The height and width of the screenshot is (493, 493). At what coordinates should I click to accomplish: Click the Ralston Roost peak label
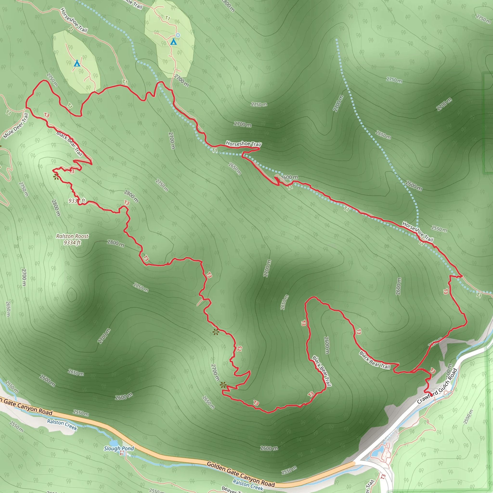[72, 236]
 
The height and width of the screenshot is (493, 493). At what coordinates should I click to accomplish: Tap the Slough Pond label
[119, 448]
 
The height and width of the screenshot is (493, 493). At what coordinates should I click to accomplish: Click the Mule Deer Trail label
[16, 126]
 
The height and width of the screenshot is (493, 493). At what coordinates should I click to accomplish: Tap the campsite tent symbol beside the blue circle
[174, 42]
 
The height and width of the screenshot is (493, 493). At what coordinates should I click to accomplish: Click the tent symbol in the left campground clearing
[77, 63]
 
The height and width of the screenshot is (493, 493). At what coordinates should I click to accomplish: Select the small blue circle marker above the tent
[178, 35]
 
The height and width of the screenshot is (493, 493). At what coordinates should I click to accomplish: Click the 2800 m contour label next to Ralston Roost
[116, 243]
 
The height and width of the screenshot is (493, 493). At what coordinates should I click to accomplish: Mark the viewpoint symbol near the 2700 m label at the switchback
[223, 385]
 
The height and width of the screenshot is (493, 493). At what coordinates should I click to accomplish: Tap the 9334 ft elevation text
[72, 242]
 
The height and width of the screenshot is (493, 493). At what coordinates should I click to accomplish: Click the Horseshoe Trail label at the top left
[74, 20]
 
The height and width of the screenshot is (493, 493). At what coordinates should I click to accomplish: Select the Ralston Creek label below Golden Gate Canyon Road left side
[62, 425]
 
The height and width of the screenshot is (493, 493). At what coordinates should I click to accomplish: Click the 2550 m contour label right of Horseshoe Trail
[439, 229]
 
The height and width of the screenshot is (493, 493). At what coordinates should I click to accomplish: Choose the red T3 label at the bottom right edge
[383, 476]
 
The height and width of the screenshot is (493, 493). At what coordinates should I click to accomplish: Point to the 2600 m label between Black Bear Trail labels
[327, 345]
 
